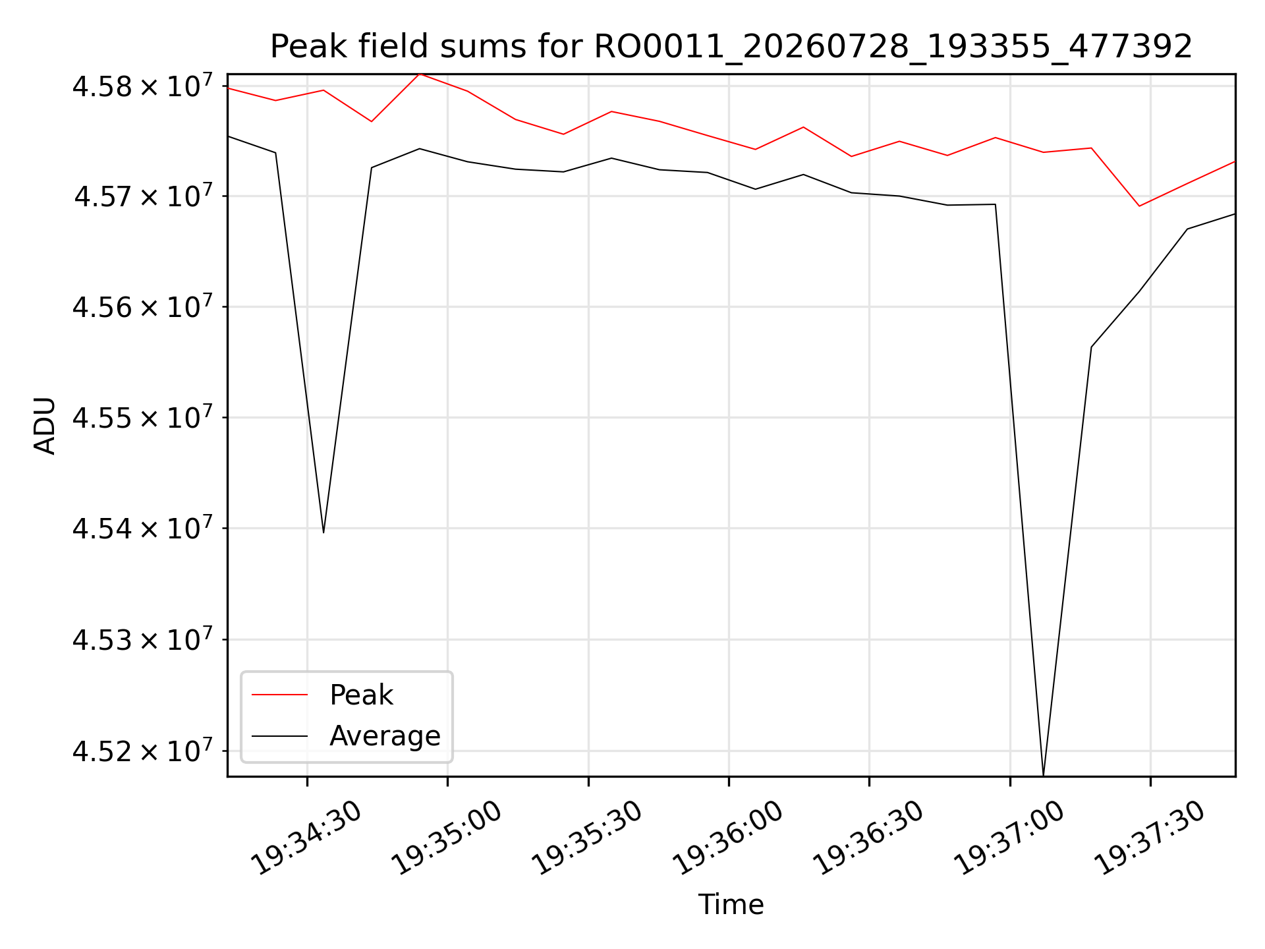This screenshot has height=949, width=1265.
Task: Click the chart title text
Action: click(731, 47)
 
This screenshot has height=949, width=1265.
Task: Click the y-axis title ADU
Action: click(45, 426)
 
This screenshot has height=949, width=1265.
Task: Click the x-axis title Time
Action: click(731, 905)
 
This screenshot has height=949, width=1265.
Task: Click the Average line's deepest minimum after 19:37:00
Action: click(1044, 775)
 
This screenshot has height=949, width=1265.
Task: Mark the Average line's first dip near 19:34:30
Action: click(323, 532)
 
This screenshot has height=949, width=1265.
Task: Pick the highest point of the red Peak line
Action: click(420, 74)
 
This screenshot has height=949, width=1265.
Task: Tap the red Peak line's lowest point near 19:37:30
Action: click(1139, 206)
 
